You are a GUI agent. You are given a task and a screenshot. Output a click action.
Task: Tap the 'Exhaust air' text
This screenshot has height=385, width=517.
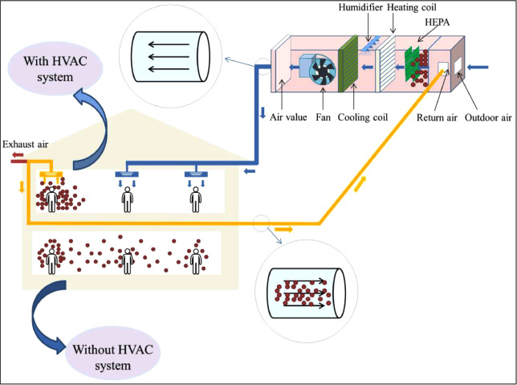point(25,145)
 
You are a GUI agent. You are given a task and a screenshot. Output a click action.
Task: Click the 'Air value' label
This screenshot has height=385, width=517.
point(288,117)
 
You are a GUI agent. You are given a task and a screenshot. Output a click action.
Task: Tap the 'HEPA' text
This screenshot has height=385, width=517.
point(433,23)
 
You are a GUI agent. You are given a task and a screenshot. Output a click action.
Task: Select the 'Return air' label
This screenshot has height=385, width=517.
point(437,117)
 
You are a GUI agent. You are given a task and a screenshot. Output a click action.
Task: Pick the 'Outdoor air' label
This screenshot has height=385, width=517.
point(489,117)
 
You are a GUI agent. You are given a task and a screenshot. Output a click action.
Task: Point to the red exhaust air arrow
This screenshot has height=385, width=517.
point(17,160)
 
